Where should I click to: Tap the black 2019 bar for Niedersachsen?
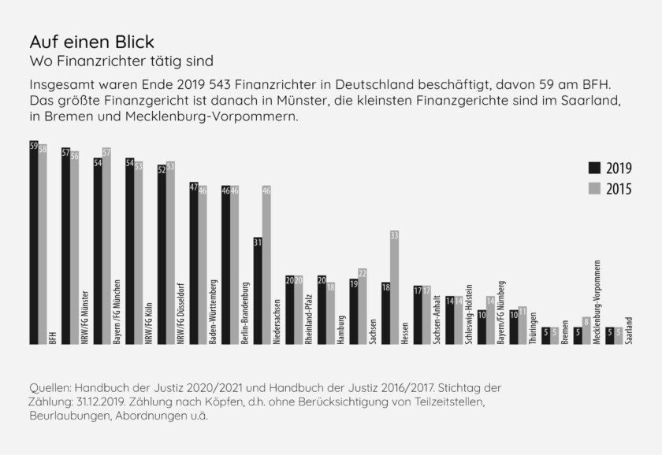[x=258, y=290]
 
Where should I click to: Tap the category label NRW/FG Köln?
[x=147, y=320]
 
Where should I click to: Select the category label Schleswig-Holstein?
[x=468, y=311]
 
